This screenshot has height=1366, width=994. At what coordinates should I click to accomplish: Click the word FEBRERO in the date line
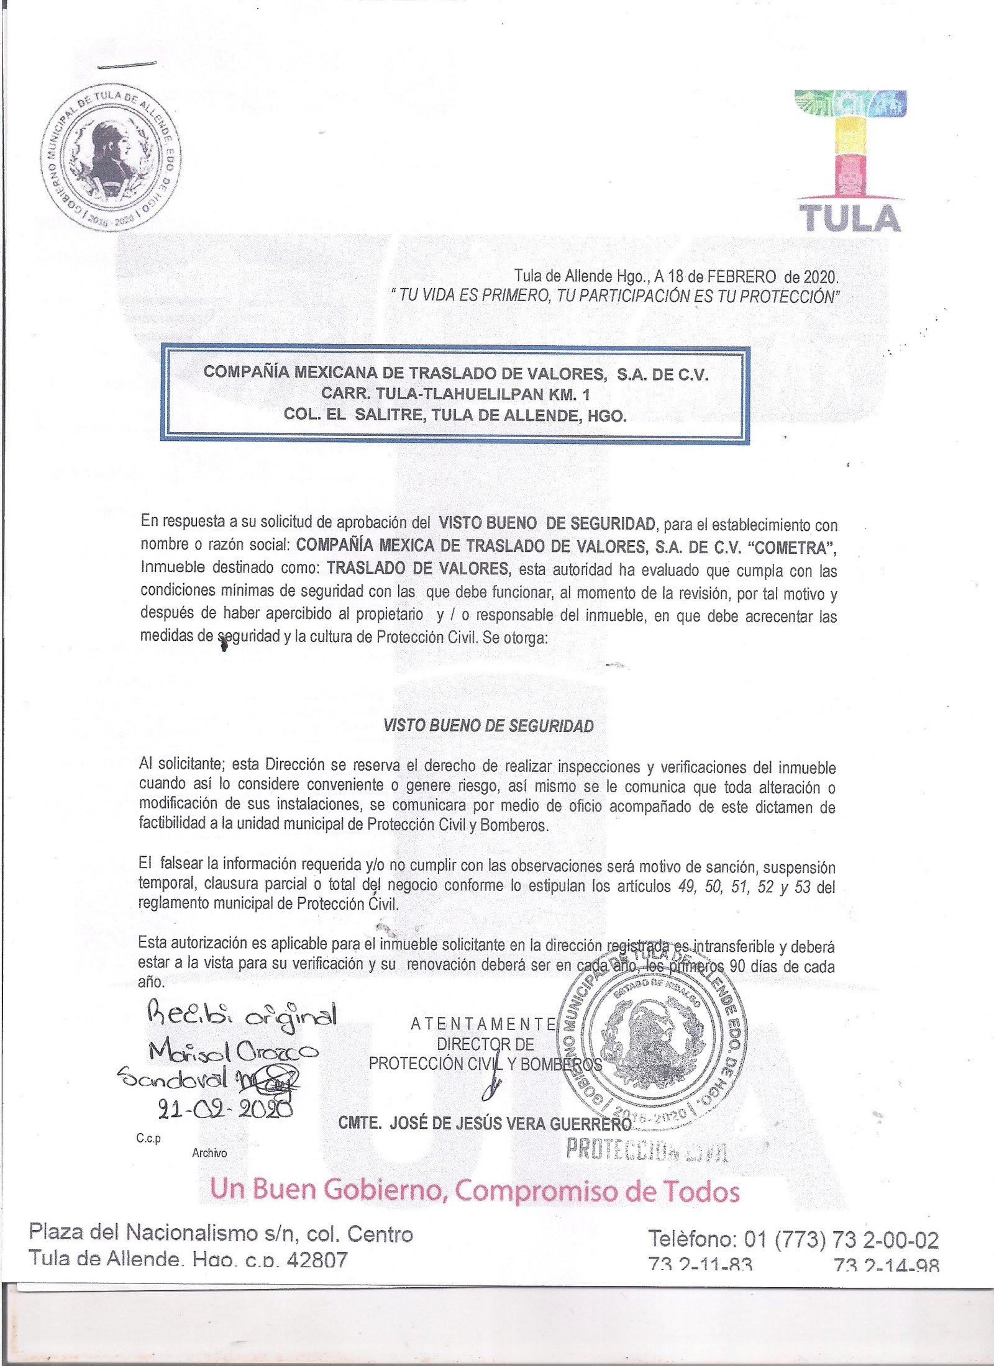coord(737,276)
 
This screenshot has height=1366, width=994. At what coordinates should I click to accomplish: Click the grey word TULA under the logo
coord(849,219)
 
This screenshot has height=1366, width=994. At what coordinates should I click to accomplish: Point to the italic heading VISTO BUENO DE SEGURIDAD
coord(488,726)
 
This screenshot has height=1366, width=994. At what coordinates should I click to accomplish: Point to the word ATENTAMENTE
coord(483,1024)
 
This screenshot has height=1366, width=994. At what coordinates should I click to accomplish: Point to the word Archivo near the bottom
coord(209,1152)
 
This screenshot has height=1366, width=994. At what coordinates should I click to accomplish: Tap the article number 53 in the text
coord(802,887)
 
